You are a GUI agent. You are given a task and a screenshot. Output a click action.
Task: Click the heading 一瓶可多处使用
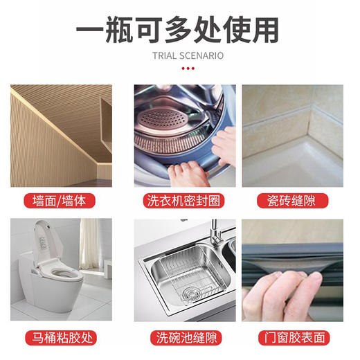pyautogui.click(x=179, y=29)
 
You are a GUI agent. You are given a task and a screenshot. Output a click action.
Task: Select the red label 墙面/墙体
pyautogui.click(x=61, y=201)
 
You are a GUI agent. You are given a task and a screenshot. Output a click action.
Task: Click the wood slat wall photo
pyautogui.click(x=61, y=136)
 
